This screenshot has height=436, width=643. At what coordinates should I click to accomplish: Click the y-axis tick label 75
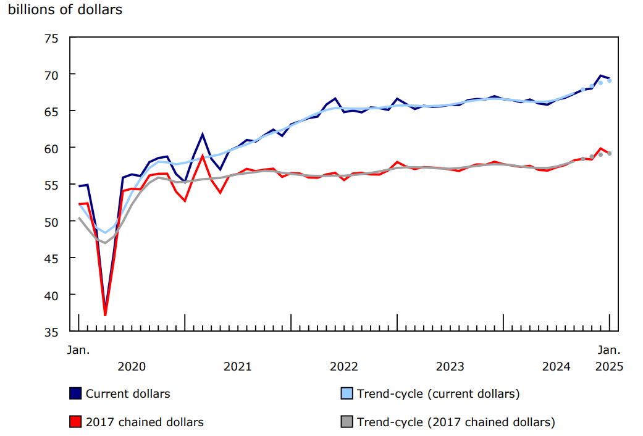pyautogui.click(x=51, y=38)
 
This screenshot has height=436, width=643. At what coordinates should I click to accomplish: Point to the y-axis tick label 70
pyautogui.click(x=51, y=75)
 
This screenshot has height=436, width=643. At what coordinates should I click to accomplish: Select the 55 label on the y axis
pyautogui.click(x=51, y=185)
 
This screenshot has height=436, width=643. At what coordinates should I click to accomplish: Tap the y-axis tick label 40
pyautogui.click(x=51, y=295)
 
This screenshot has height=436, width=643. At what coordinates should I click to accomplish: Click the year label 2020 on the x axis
pyautogui.click(x=132, y=366)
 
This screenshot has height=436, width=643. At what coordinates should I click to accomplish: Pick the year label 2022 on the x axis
pyautogui.click(x=344, y=366)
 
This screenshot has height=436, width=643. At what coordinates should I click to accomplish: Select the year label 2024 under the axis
pyautogui.click(x=557, y=366)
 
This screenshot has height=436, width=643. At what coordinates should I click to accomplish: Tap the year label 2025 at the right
pyautogui.click(x=609, y=366)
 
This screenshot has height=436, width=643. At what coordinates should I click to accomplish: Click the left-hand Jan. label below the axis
pyautogui.click(x=78, y=350)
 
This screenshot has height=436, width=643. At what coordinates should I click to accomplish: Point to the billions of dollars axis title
pyautogui.click(x=65, y=10)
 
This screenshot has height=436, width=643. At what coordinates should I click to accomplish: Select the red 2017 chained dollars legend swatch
pyautogui.click(x=75, y=422)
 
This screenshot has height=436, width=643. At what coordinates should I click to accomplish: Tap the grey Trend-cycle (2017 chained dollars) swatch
pyautogui.click(x=347, y=422)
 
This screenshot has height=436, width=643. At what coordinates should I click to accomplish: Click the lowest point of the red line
pyautogui.click(x=105, y=315)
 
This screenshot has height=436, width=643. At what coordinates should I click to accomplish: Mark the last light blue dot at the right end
pyautogui.click(x=610, y=80)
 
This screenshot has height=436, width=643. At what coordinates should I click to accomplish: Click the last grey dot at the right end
pyautogui.click(x=610, y=153)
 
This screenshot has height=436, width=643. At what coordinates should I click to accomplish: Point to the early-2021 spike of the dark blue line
pyautogui.click(x=203, y=134)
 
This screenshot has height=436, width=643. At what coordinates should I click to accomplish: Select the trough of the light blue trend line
pyautogui.click(x=105, y=233)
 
